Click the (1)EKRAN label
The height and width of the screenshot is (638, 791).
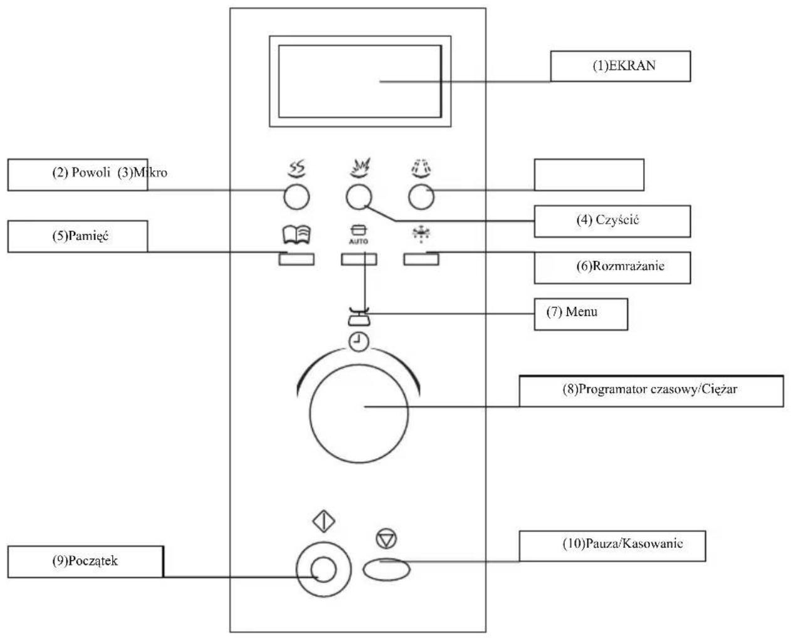click(x=624, y=66)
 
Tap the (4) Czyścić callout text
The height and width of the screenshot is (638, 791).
click(x=607, y=220)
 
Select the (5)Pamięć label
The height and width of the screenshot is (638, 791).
click(x=80, y=236)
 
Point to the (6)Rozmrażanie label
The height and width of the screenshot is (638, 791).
click(x=620, y=266)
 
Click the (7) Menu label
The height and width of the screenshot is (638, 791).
click(x=572, y=311)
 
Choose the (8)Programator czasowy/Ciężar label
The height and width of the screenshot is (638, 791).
click(x=649, y=389)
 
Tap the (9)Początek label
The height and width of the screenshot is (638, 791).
click(x=85, y=561)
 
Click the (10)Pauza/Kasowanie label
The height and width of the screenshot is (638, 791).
click(x=622, y=543)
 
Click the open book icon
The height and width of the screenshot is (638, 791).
click(x=296, y=234)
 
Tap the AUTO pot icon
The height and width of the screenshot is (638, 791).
click(x=359, y=234)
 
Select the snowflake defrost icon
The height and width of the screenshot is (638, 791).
click(x=421, y=234)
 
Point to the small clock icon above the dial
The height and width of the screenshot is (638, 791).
click(x=359, y=343)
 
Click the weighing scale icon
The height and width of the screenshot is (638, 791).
click(x=359, y=316)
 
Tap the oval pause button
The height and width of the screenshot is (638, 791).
click(x=386, y=570)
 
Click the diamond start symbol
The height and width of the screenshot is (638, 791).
click(x=323, y=522)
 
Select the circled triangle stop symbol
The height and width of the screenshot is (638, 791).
click(x=386, y=540)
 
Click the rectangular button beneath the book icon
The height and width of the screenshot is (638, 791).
click(x=296, y=259)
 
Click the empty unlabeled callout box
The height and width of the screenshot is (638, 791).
click(x=589, y=175)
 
